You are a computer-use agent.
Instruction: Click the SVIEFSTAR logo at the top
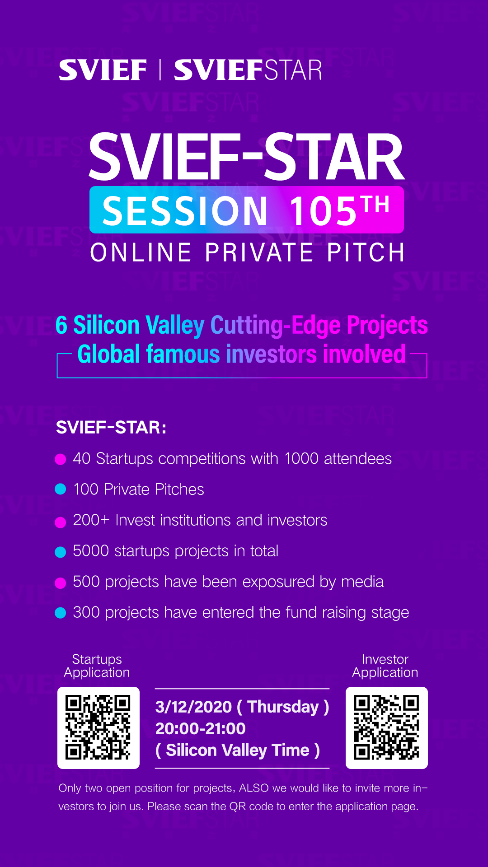[248, 70]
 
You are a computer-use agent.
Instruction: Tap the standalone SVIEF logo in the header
[103, 70]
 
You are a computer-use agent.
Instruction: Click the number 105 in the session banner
[324, 211]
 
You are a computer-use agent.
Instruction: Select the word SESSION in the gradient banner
[185, 211]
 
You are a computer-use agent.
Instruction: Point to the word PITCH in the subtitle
[366, 252]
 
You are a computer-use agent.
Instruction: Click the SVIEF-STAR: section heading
[111, 427]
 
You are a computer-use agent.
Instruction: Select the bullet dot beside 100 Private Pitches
[61, 489]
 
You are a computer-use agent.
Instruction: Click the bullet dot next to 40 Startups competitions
[61, 459]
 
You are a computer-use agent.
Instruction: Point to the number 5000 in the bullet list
[91, 551]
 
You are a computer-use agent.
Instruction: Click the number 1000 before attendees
[301, 458]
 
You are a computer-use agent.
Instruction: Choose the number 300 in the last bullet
[86, 612]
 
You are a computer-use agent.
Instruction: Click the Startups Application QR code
[99, 728]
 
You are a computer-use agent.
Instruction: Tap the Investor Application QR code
[387, 728]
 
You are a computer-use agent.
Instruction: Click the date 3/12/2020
[193, 707]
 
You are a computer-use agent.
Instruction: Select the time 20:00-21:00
[200, 728]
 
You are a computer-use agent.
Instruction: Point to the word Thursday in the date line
[283, 707]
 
